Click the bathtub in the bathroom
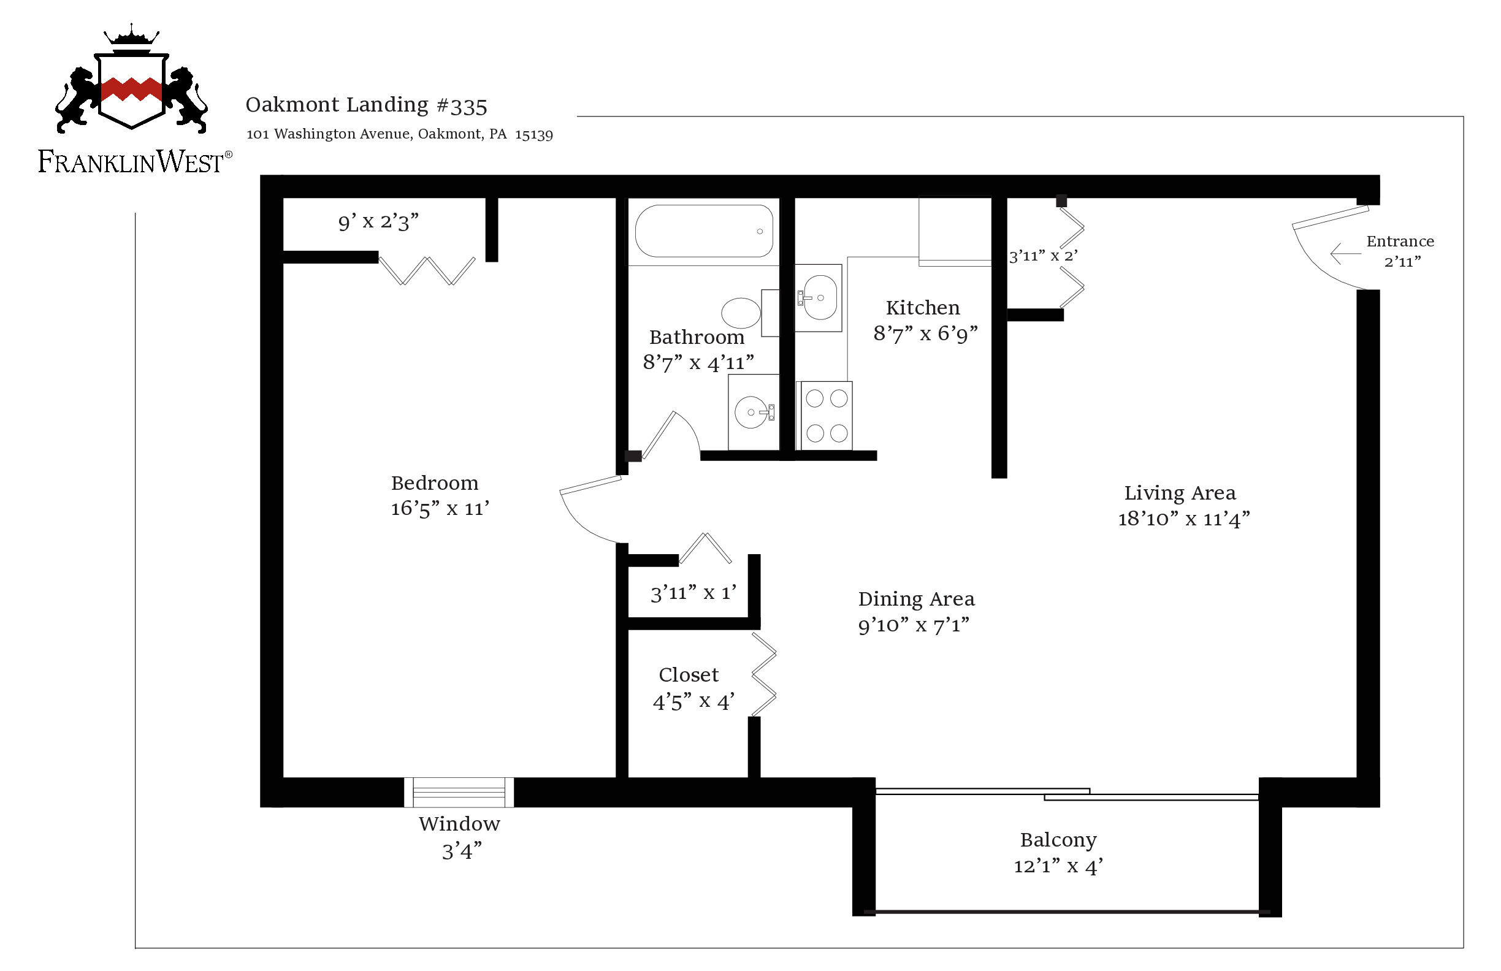pyautogui.click(x=704, y=230)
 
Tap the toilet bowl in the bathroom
pyautogui.click(x=741, y=313)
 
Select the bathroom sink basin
pyautogui.click(x=752, y=413)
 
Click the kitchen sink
pyautogui.click(x=819, y=297)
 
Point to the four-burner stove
pyautogui.click(x=827, y=416)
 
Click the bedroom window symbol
pyautogui.click(x=459, y=793)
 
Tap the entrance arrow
pyautogui.click(x=1345, y=253)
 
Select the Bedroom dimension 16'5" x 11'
pyautogui.click(x=440, y=509)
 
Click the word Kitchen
pyautogui.click(x=923, y=308)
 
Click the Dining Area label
pyautogui.click(x=917, y=598)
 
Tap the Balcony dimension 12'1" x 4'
pyautogui.click(x=1058, y=866)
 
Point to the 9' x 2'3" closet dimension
pyautogui.click(x=378, y=222)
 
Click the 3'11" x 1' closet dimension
pyautogui.click(x=693, y=593)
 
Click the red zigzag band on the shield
pyautogui.click(x=131, y=89)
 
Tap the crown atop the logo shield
pyautogui.click(x=131, y=35)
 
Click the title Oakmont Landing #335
pyautogui.click(x=367, y=105)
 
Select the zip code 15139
pyautogui.click(x=533, y=134)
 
